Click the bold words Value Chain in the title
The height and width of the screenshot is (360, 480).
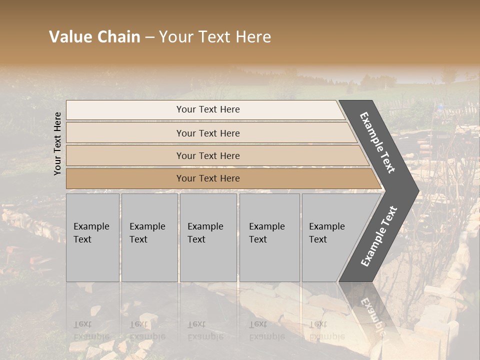click(94, 37)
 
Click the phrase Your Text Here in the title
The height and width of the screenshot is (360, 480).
click(215, 37)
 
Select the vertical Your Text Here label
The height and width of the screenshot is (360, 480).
click(57, 143)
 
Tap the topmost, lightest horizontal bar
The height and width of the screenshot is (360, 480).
click(205, 109)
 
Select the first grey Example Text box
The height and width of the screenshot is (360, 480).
click(92, 237)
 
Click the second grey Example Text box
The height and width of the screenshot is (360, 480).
click(149, 237)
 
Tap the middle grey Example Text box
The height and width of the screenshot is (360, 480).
click(208, 237)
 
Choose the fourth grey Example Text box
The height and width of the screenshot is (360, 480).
click(269, 237)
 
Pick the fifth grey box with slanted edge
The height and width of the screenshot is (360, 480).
click(330, 237)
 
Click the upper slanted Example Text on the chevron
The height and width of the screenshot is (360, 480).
click(377, 142)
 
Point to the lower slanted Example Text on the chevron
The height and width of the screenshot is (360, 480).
click(379, 236)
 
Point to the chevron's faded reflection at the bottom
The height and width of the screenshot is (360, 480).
click(370, 312)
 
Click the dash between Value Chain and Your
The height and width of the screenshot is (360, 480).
click(149, 37)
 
